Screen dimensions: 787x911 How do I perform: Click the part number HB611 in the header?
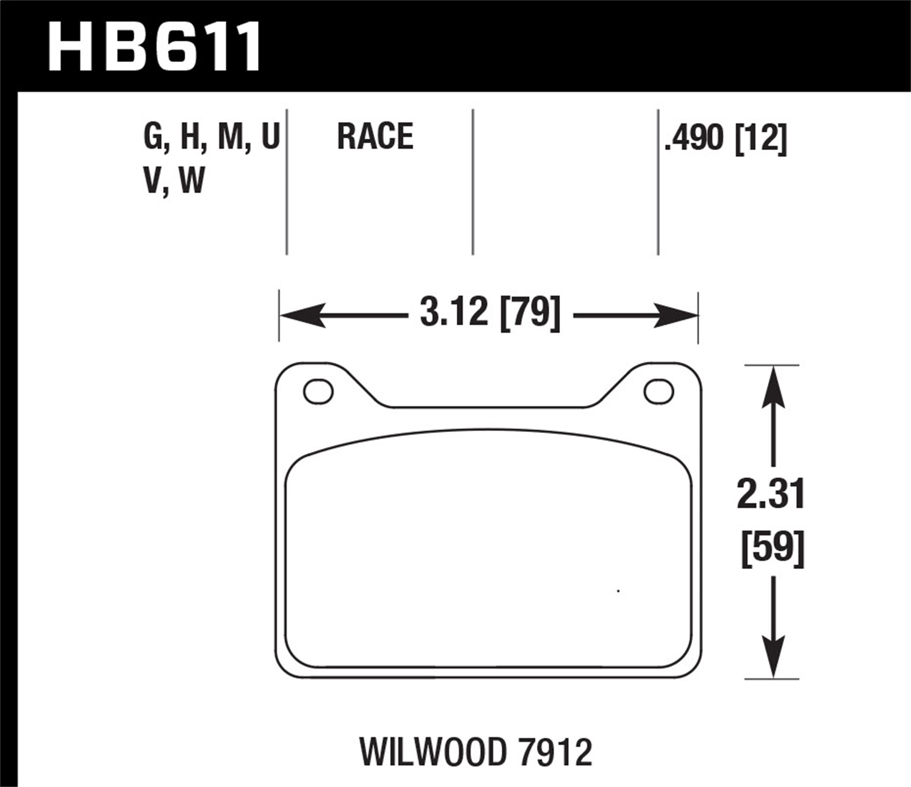(x=154, y=47)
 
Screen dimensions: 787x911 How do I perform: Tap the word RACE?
(x=375, y=136)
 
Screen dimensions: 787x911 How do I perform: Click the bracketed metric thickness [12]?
(x=760, y=138)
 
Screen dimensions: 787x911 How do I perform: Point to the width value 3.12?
(x=454, y=313)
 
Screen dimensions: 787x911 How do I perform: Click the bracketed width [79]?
(x=529, y=313)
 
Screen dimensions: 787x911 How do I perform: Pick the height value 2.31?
(x=771, y=494)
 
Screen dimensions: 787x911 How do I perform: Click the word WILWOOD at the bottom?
(x=432, y=752)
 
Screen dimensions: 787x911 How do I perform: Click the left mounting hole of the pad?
(x=318, y=392)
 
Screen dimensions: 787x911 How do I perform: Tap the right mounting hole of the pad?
(x=658, y=392)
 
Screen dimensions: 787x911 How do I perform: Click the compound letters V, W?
(x=174, y=181)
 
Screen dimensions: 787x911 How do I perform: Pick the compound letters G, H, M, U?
(x=211, y=136)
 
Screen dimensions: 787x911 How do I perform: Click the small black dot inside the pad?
(x=618, y=591)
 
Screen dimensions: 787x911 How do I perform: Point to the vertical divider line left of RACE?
(x=287, y=182)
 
